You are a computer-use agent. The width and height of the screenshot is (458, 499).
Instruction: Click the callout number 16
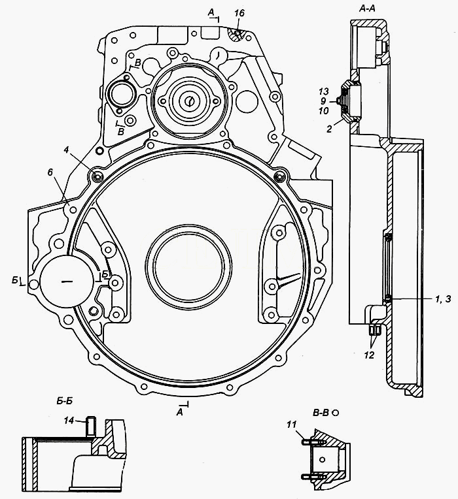click(x=239, y=13)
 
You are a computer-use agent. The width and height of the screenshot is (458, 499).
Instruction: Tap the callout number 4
click(x=66, y=150)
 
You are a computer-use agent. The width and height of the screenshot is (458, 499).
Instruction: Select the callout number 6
click(x=50, y=172)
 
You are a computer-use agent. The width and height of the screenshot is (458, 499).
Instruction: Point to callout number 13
click(x=323, y=91)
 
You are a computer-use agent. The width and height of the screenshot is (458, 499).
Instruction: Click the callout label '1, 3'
click(x=443, y=299)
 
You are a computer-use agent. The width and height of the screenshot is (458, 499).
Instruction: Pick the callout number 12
click(x=369, y=355)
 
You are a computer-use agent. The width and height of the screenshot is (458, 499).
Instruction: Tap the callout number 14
click(x=69, y=421)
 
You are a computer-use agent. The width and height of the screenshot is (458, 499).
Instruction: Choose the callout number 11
click(x=291, y=425)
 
